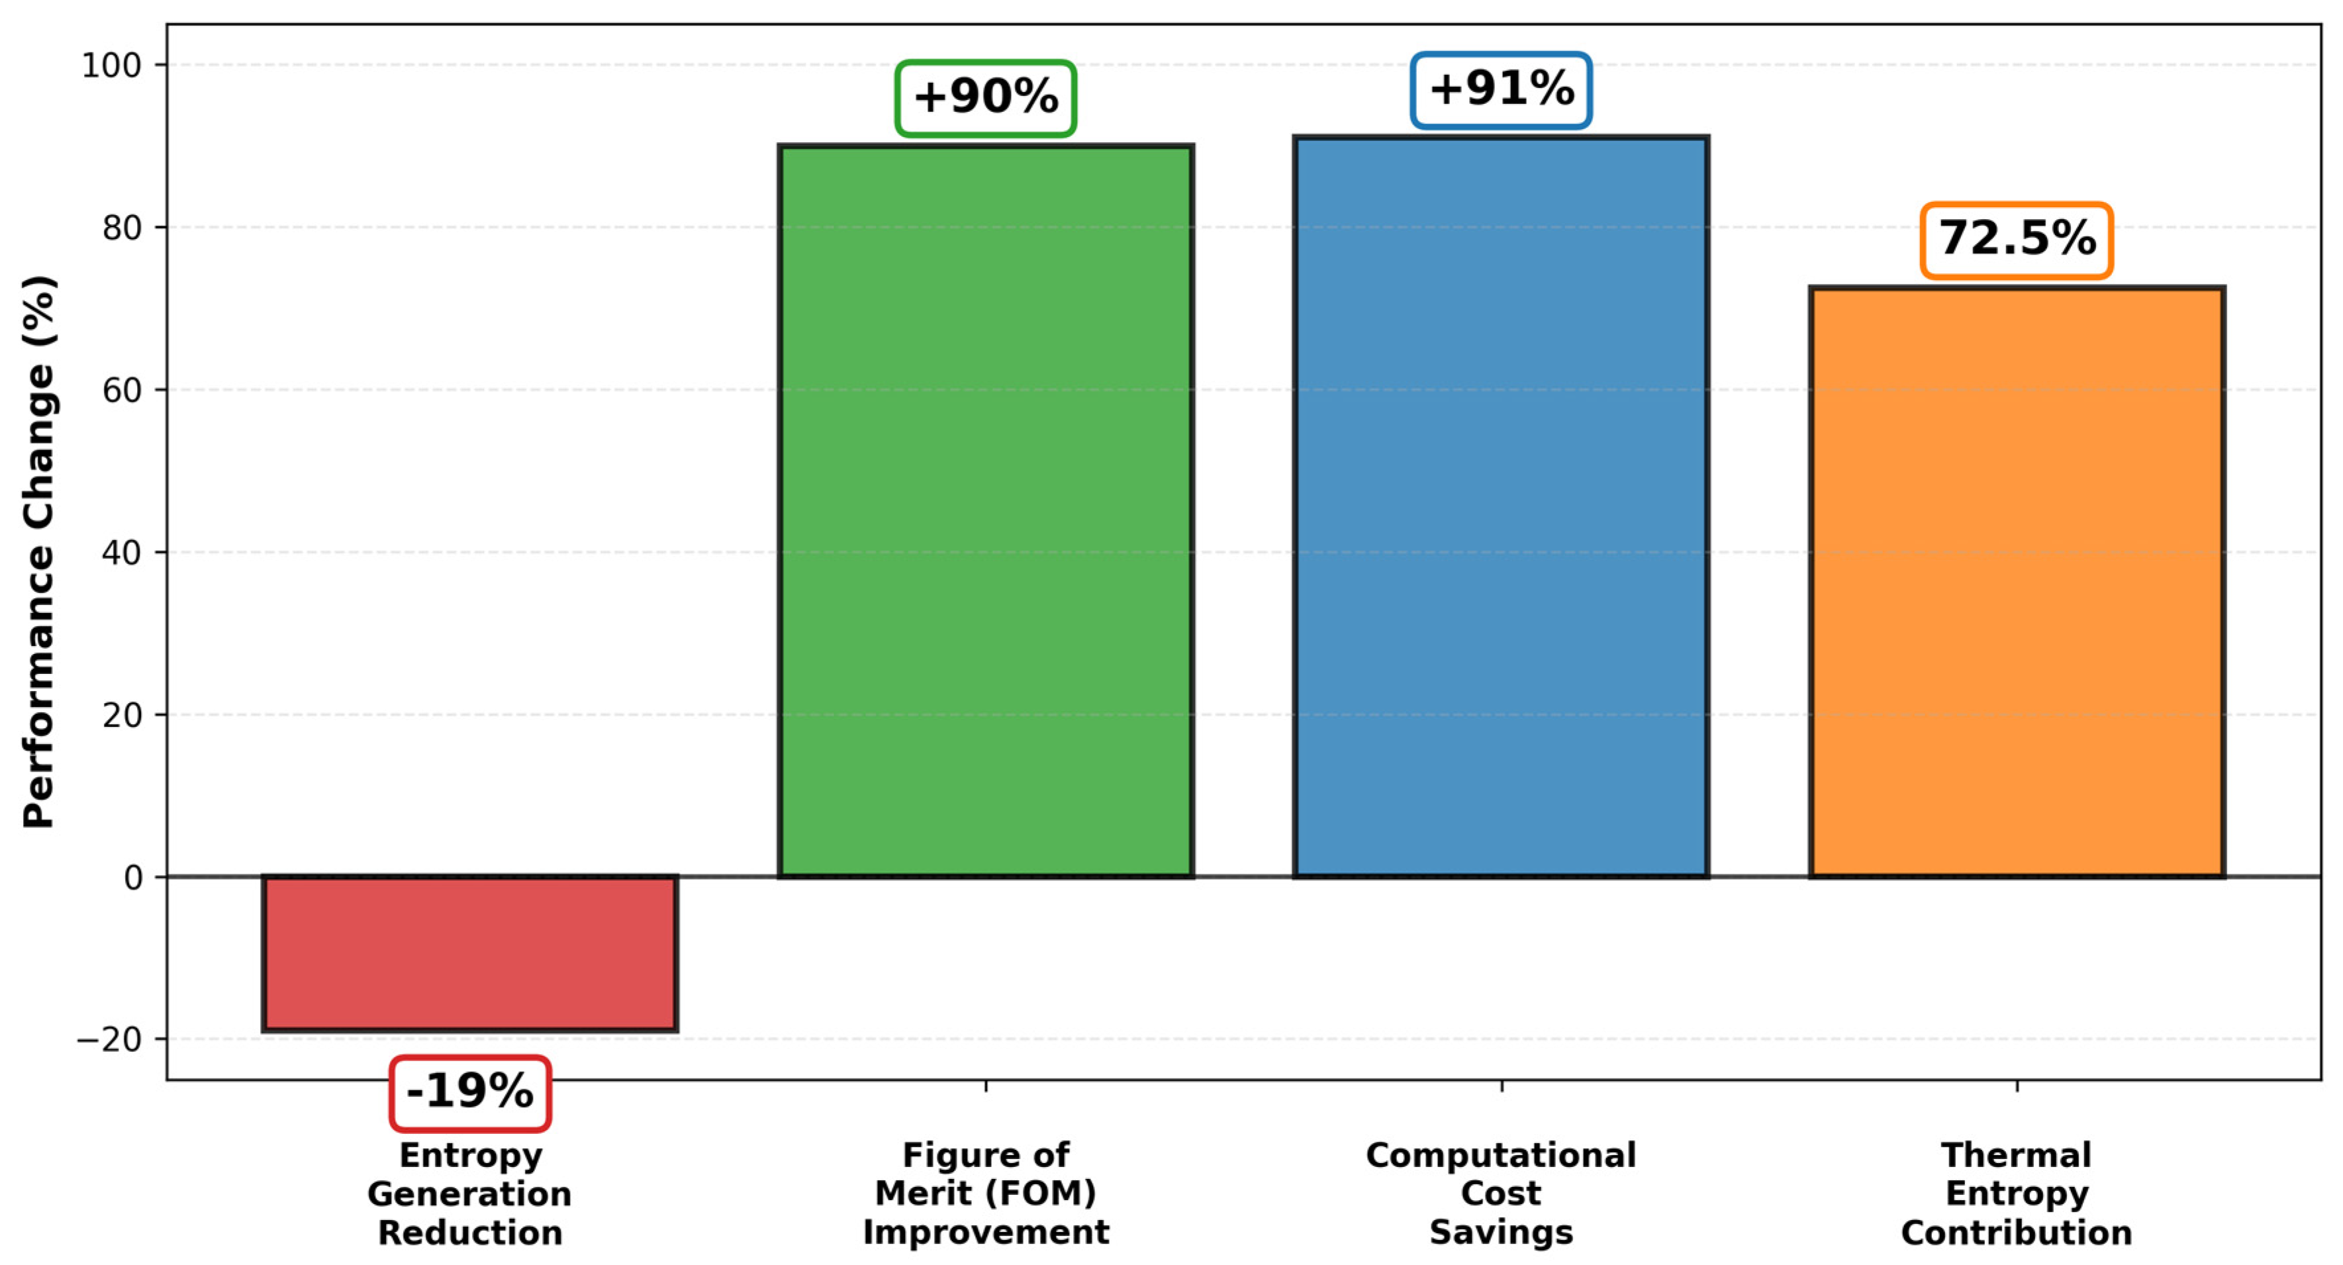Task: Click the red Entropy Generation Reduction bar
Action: [x=469, y=953]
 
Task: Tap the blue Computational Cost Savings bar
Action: [x=1501, y=506]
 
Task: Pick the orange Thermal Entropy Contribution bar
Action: [x=2017, y=582]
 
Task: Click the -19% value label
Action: [x=469, y=1092]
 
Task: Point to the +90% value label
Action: [x=986, y=98]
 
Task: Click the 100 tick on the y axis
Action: [x=112, y=66]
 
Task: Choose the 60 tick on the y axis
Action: [x=122, y=390]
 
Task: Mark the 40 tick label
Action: [x=122, y=553]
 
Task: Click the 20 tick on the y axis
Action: [x=122, y=716]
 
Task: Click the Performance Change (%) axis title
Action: [x=39, y=551]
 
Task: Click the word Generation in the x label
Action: [x=469, y=1194]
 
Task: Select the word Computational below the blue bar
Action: [x=1501, y=1155]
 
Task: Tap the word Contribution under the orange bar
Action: [x=2017, y=1233]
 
